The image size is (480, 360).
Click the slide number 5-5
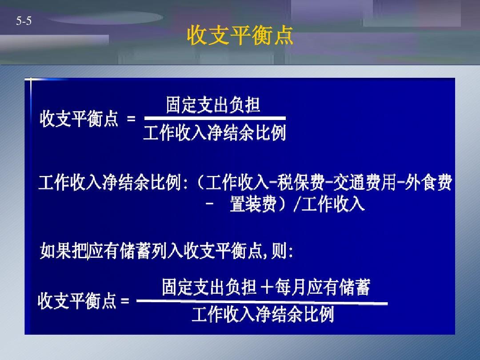coord(24,20)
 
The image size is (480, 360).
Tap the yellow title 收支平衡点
coord(240,35)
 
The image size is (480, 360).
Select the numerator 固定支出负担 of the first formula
coord(213,105)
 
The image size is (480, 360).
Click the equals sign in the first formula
coord(131,119)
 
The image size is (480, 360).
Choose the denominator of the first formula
coord(214,133)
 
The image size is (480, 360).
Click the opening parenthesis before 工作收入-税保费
coord(199,183)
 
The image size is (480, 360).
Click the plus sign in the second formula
coord(268,288)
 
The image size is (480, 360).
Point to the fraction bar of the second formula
coord(262,302)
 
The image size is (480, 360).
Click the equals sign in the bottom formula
coord(125,301)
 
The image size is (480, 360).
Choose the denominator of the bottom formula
coord(263,315)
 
